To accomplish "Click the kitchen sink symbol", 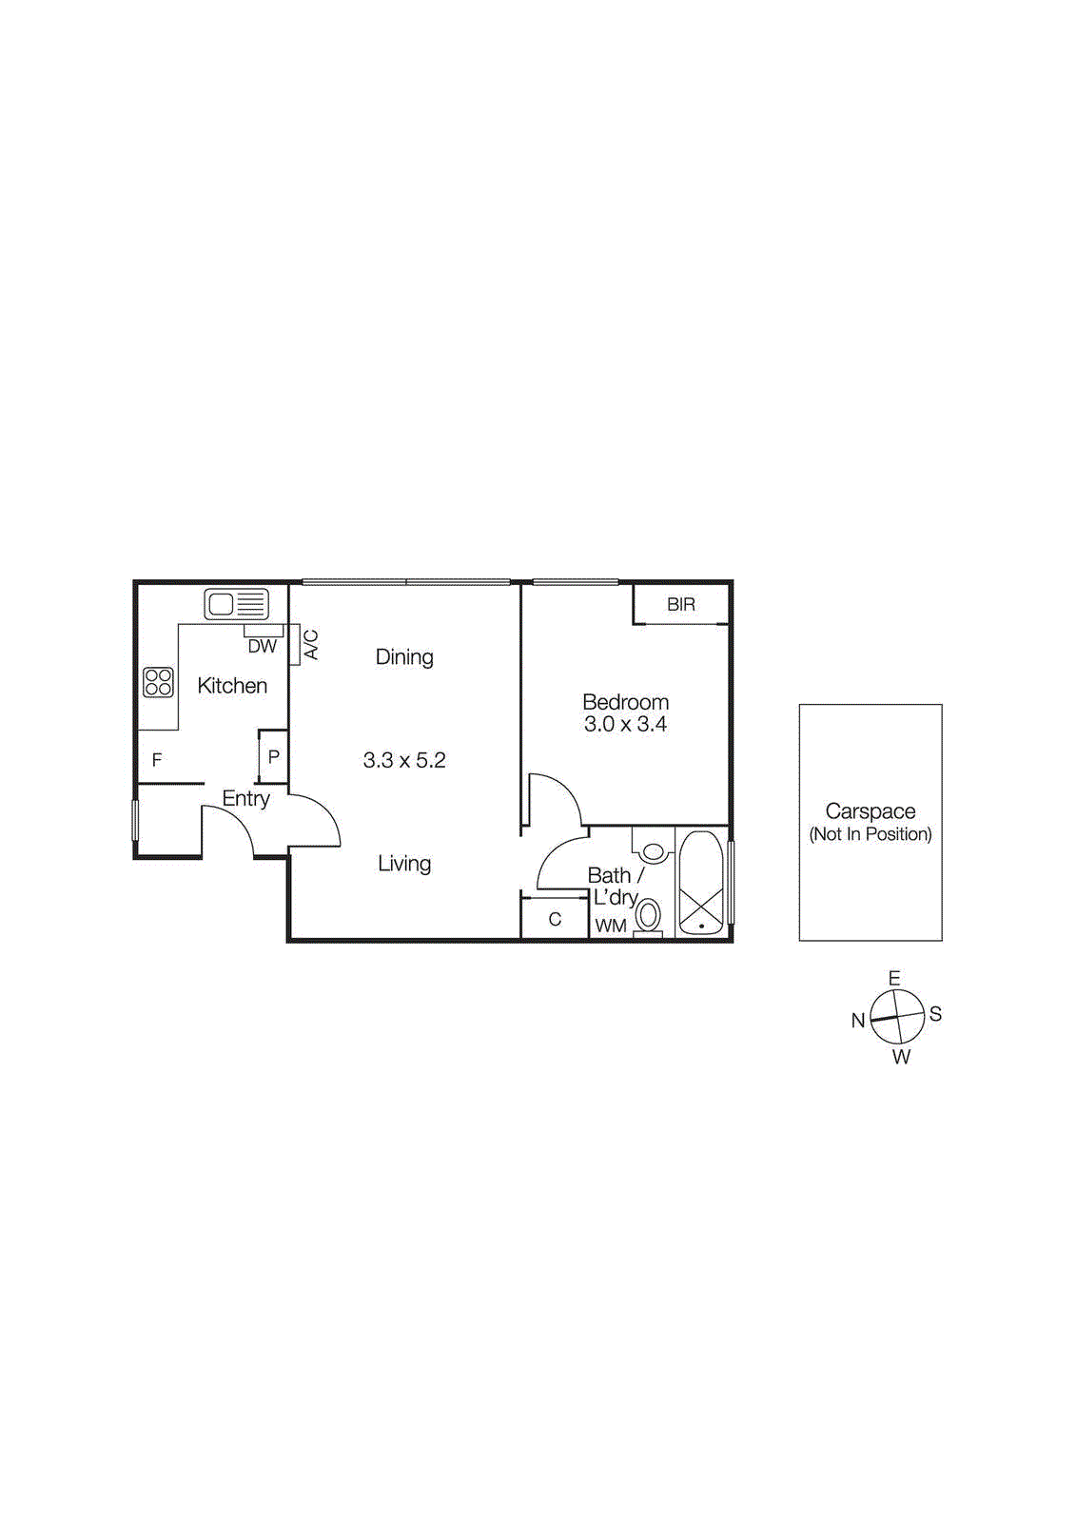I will (236, 604).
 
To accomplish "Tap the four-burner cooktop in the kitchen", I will (158, 682).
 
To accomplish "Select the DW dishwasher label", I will (262, 647).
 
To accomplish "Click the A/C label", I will (310, 645).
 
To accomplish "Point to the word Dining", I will (404, 656).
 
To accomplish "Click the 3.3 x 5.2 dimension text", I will (404, 760).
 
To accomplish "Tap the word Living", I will (404, 864).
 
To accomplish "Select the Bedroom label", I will (625, 702).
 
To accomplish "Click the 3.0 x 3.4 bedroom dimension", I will (625, 724).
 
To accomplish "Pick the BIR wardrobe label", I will (681, 604).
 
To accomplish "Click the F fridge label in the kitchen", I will (157, 760).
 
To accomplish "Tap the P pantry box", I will (273, 757).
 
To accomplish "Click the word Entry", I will (245, 799).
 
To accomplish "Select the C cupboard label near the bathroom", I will (555, 919).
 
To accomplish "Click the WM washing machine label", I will (611, 926).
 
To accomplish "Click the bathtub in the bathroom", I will (701, 884).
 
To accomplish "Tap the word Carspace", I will (870, 811).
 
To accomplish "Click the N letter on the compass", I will (857, 1021).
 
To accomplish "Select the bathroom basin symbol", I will (653, 849).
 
